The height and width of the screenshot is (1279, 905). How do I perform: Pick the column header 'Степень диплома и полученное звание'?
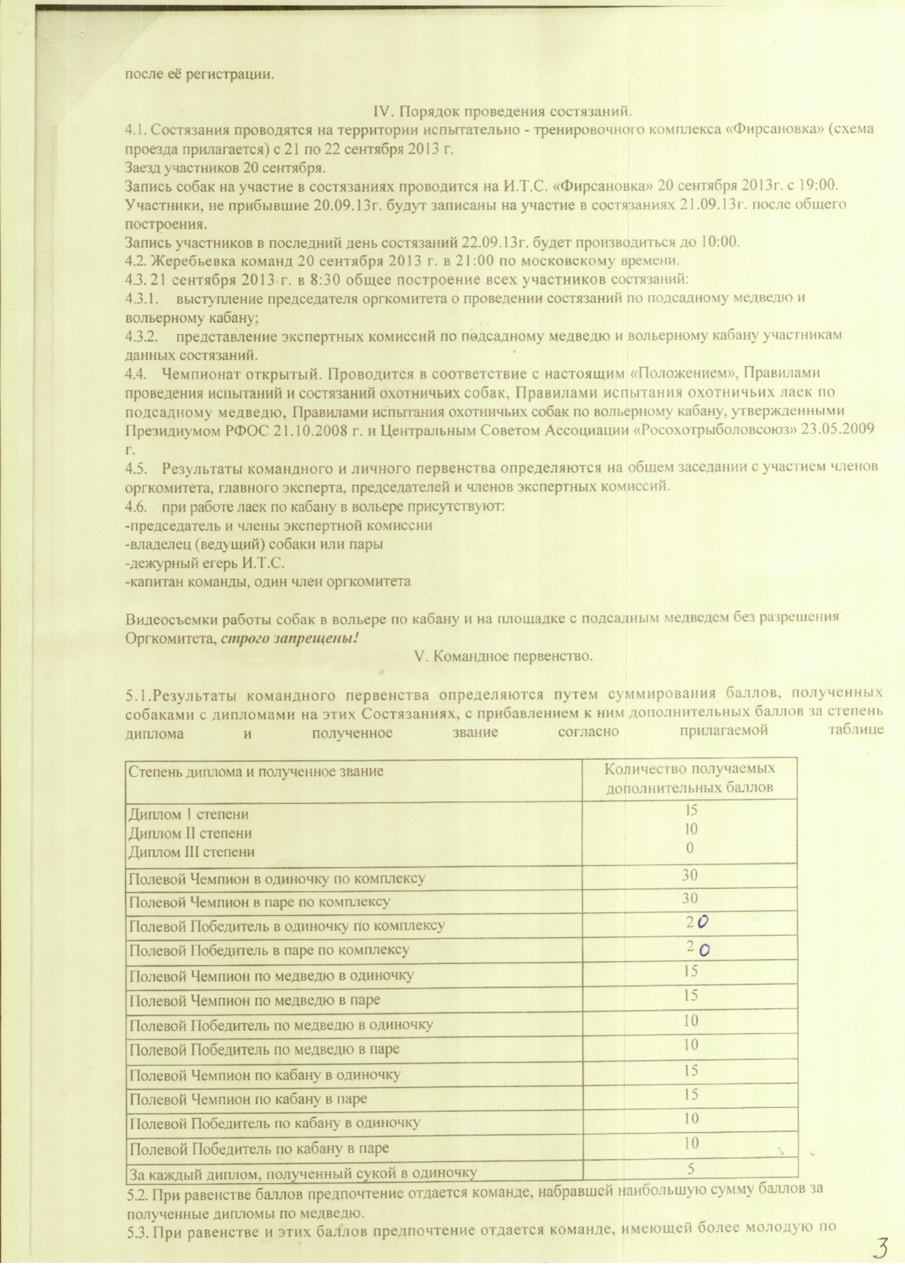[x=256, y=772]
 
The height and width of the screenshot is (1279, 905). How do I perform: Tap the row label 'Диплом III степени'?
[x=192, y=851]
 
